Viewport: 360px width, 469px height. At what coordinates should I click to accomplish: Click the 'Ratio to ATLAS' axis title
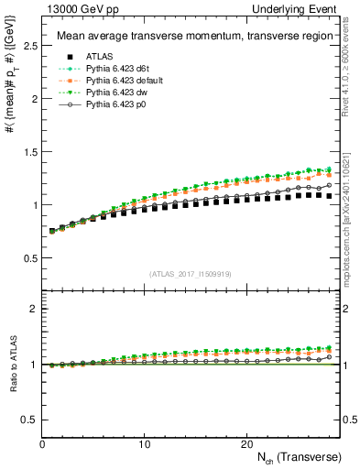(12, 364)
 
